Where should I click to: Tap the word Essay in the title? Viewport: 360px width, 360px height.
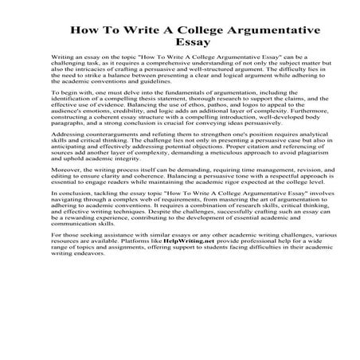pos(179,49)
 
